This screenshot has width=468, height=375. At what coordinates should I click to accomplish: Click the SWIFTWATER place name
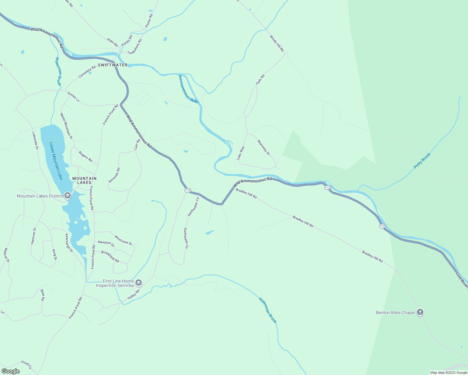click(x=113, y=65)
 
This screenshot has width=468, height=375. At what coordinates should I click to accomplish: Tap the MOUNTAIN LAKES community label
click(x=84, y=180)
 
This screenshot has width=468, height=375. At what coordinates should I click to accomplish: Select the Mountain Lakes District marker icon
click(x=68, y=196)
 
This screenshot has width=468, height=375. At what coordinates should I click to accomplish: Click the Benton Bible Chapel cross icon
click(x=420, y=312)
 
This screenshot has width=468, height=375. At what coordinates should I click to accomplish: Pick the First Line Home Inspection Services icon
click(x=139, y=283)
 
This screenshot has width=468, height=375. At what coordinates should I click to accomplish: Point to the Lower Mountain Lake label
click(x=56, y=161)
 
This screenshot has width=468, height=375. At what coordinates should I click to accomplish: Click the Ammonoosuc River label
click(x=188, y=89)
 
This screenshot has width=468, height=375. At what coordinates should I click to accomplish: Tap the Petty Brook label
click(x=422, y=161)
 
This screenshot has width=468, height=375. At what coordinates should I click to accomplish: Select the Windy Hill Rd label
click(x=277, y=43)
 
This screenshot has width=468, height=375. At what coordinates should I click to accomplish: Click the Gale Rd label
click(x=260, y=79)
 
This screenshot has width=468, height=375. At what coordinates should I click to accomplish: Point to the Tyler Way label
click(x=241, y=153)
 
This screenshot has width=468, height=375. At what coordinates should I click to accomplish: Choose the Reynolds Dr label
click(x=263, y=147)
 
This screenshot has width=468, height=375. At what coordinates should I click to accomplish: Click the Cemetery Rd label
click(x=87, y=72)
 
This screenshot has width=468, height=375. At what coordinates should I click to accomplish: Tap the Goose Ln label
click(x=73, y=97)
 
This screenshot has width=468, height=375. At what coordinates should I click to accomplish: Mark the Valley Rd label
click(x=134, y=294)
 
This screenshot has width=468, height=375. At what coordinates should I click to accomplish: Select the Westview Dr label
click(x=123, y=240)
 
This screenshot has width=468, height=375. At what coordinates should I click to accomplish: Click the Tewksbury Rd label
click(x=135, y=47)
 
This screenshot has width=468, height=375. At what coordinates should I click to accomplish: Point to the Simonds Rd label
click(x=114, y=175)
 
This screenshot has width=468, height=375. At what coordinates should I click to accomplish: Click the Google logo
click(x=10, y=371)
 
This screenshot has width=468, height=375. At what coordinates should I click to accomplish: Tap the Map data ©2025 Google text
click(x=448, y=372)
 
